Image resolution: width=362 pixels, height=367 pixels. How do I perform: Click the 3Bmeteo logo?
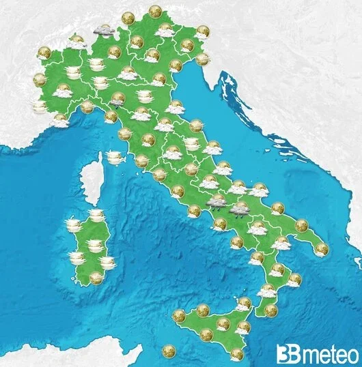[x=318, y=353]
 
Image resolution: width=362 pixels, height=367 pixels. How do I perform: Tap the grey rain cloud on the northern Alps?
[x=104, y=30]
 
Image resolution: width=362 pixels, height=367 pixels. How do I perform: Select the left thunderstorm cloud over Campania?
[x=217, y=202]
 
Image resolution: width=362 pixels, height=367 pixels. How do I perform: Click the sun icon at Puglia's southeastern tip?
[x=321, y=249]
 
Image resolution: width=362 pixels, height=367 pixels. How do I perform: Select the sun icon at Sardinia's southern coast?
[x=96, y=277]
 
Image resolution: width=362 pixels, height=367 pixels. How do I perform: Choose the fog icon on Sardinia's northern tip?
[x=96, y=216]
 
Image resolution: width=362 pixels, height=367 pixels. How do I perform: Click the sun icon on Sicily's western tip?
[x=180, y=315]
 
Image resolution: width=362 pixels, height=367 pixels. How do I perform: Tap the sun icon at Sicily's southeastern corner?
[x=237, y=354]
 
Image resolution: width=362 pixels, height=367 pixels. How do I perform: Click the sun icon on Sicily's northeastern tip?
[x=245, y=303]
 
